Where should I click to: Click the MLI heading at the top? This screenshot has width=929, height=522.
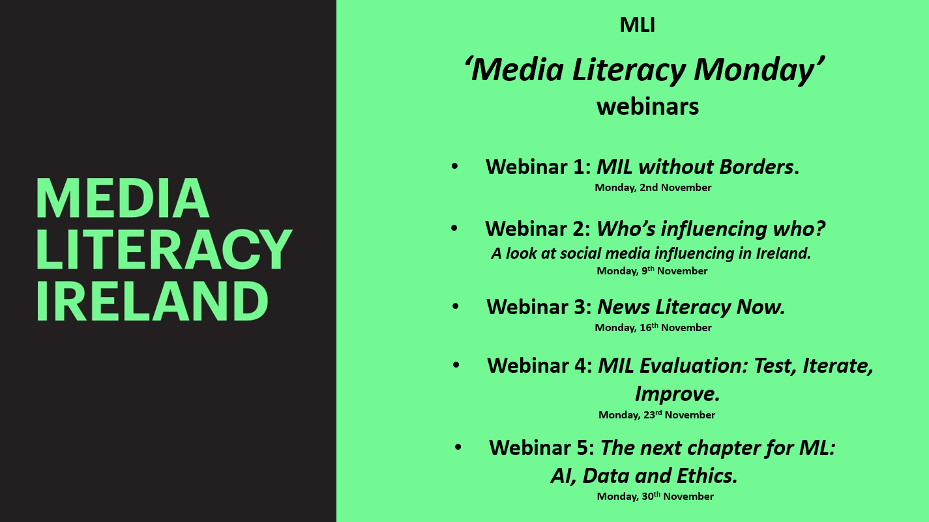tap(637, 25)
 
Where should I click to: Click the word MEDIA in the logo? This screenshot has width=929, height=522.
tap(123, 198)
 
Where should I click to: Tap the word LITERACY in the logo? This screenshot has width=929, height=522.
tap(165, 250)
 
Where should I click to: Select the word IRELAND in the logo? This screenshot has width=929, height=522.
tap(153, 300)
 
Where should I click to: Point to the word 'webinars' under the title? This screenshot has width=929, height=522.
tap(648, 107)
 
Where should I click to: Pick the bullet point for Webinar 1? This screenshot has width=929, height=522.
tap(455, 167)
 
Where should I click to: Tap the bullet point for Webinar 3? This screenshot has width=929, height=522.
tap(456, 306)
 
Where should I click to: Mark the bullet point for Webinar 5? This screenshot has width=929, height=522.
tap(458, 447)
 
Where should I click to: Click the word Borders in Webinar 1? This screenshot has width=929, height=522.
tap(756, 167)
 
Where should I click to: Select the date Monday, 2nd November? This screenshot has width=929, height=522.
tap(653, 188)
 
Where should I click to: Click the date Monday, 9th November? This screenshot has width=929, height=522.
tap(652, 270)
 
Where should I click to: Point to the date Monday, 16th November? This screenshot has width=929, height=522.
tap(653, 328)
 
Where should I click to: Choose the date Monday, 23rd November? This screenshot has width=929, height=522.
tap(657, 414)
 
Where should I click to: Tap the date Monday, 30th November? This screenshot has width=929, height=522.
tap(655, 497)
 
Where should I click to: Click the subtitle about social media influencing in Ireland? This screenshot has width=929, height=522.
tap(651, 254)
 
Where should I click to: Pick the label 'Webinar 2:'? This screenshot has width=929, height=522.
tap(538, 229)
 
